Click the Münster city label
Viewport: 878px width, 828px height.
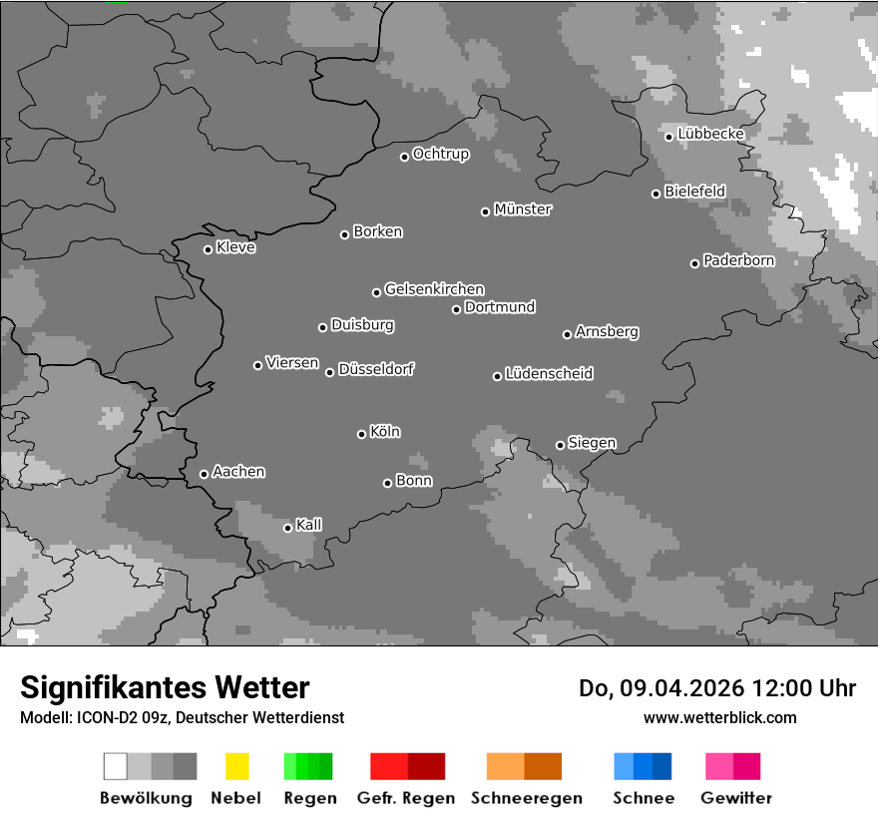click(x=523, y=209)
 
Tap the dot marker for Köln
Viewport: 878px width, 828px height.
click(x=361, y=434)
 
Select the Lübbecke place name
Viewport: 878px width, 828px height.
click(x=710, y=134)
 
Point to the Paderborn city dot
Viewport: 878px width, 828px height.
click(x=694, y=263)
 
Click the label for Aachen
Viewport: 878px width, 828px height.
click(x=238, y=472)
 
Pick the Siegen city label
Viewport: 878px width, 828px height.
click(x=592, y=443)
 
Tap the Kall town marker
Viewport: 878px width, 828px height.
click(x=287, y=528)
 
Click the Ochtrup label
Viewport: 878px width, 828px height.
click(x=441, y=155)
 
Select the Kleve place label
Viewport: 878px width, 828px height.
click(x=235, y=247)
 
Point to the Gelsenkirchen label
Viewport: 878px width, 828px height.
click(x=434, y=289)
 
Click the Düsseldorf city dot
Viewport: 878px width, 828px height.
click(x=329, y=372)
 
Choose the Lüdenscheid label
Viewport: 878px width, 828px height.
click(x=549, y=374)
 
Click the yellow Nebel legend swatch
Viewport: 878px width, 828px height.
click(x=236, y=766)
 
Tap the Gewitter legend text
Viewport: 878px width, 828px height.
click(x=735, y=798)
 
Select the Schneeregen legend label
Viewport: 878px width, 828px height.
click(x=525, y=798)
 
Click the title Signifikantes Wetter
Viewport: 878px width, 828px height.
click(x=165, y=687)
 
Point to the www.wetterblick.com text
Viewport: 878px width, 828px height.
click(x=719, y=717)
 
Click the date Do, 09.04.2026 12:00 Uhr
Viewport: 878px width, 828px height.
click(x=716, y=688)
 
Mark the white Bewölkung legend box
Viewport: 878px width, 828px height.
click(x=116, y=766)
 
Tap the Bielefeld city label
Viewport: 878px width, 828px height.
click(x=694, y=191)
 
